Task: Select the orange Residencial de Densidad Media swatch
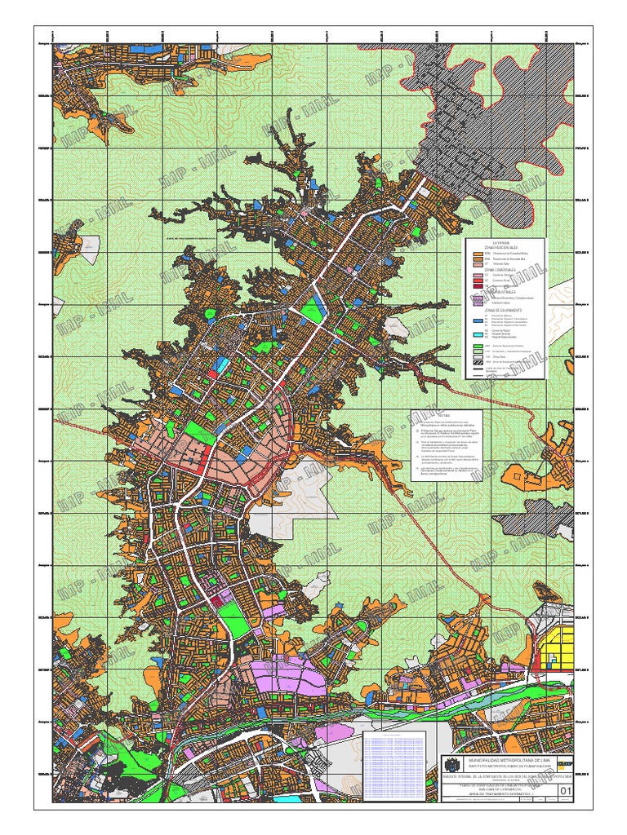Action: tap(478, 259)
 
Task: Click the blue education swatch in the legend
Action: tap(478, 316)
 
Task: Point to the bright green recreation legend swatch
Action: tap(478, 347)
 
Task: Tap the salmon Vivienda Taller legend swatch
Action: tap(478, 265)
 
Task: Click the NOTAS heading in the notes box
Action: tap(420, 414)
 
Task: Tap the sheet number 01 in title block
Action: tap(564, 789)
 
